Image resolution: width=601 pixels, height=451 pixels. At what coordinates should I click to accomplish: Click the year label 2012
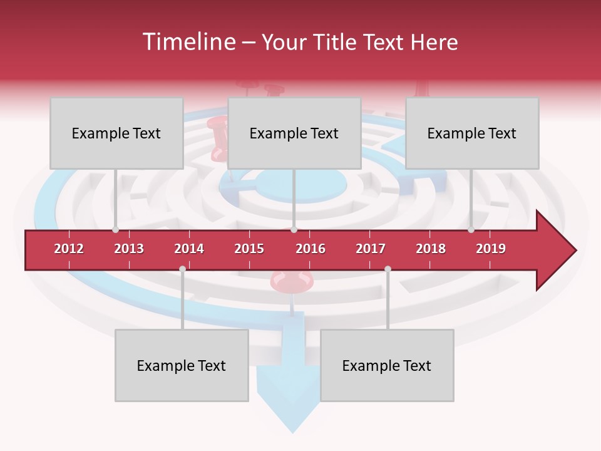69,249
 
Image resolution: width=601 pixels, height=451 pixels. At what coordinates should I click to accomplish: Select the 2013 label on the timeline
129,249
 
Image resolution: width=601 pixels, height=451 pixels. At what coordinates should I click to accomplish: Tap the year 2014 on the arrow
189,249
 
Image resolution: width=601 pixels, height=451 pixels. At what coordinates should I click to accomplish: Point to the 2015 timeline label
249,249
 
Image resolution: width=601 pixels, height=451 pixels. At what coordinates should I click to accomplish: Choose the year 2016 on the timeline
311,249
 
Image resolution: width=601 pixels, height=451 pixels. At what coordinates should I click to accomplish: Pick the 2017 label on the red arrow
371,249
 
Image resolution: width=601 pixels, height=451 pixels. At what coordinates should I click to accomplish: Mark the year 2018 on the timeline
431,249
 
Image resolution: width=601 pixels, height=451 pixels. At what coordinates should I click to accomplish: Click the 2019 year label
491,249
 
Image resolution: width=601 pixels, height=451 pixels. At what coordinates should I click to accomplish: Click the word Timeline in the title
188,42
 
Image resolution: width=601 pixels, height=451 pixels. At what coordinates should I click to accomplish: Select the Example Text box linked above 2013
116,133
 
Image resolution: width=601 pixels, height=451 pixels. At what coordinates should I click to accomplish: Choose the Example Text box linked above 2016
294,133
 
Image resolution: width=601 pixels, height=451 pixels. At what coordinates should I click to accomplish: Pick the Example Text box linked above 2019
472,133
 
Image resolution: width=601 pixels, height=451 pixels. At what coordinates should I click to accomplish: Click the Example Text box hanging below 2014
182,366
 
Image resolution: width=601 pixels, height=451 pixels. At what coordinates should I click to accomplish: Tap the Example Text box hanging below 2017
387,366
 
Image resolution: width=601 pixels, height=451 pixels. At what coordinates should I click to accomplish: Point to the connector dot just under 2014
182,269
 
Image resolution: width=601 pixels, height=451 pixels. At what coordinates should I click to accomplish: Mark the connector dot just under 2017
388,269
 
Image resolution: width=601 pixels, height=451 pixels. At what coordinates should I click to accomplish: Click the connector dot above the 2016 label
294,230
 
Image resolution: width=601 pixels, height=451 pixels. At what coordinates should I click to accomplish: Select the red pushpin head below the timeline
290,281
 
